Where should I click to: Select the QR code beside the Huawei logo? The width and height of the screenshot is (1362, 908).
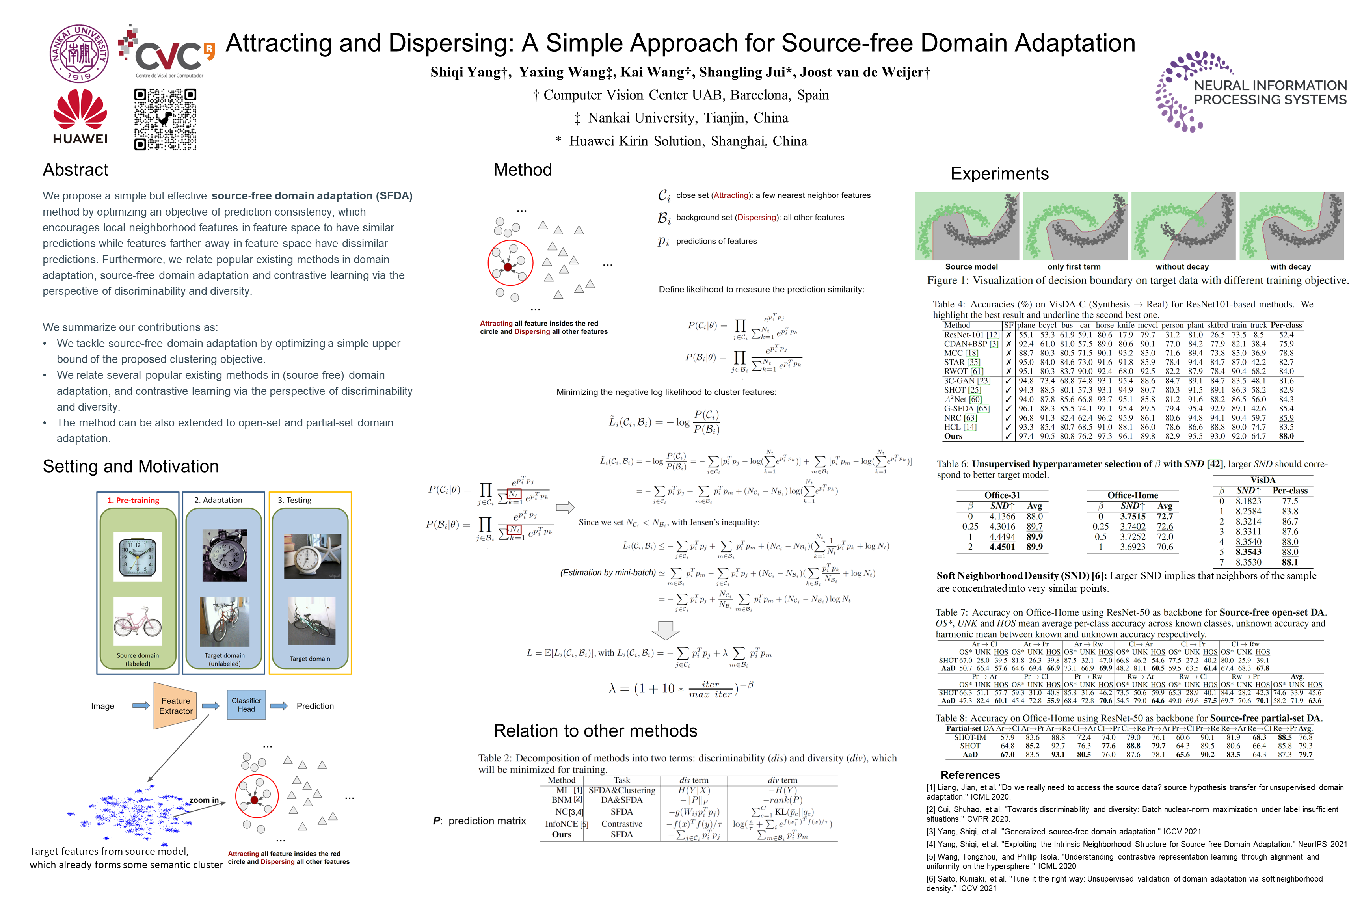pos(165,119)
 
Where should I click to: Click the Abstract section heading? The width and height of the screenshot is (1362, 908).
pos(75,170)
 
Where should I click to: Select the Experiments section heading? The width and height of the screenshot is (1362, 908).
pos(999,174)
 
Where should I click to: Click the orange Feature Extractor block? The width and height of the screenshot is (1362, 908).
pos(175,706)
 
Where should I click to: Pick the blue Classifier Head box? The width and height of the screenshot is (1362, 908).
pos(246,705)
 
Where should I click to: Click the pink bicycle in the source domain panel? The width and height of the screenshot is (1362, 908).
pos(138,622)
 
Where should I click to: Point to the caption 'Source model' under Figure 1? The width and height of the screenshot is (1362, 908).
pos(971,267)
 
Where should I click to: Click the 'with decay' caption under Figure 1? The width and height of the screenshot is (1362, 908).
pos(1290,267)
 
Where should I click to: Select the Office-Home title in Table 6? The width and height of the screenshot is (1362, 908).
pos(1132,495)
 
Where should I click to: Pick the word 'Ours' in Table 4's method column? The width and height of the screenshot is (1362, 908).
pos(953,436)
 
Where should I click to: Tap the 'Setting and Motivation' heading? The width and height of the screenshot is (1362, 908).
pos(131,466)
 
